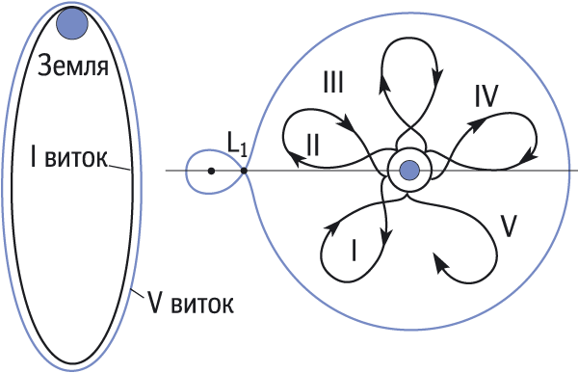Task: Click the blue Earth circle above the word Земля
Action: pos(72,23)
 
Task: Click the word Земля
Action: pos(73,66)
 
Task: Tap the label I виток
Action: pos(69,158)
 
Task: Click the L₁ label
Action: pos(237,146)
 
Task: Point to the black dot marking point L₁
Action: pos(244,171)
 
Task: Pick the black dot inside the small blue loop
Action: pos(211,171)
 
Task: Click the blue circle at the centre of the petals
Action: pos(409,171)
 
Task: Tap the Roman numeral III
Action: pos(333,82)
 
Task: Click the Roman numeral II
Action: pos(312,145)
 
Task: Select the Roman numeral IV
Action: pos(486,96)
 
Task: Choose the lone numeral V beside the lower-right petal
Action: pos(509,226)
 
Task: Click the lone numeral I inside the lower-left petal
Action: pos(354,251)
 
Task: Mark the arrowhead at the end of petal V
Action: pos(440,262)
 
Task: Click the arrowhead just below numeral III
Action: pos(347,121)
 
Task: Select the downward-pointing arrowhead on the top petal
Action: pos(437,76)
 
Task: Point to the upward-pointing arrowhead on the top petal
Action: pos(384,84)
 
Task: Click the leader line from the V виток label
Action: pos(137,293)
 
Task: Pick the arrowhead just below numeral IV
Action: pos(475,124)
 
